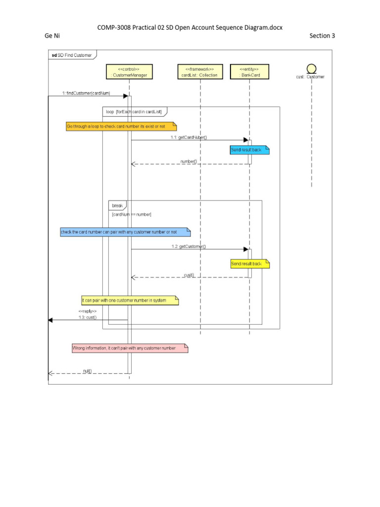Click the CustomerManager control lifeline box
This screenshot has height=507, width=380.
(129, 72)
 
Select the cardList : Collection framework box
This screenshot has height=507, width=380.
(200, 72)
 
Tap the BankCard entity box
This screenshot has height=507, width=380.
(249, 72)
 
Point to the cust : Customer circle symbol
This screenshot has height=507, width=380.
(312, 68)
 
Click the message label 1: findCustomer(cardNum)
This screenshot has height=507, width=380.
(86, 93)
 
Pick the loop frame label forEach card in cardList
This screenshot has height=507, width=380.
(135, 112)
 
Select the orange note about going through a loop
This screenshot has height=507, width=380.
(121, 127)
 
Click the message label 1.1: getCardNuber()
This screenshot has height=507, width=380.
(189, 137)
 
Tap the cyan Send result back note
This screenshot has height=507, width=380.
(249, 150)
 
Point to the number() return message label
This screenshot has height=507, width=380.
(189, 161)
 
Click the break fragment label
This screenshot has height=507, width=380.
(117, 205)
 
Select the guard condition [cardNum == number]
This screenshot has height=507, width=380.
(132, 214)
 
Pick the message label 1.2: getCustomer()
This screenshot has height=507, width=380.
(189, 246)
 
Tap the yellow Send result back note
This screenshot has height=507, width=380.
(249, 264)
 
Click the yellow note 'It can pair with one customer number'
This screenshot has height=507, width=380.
(130, 300)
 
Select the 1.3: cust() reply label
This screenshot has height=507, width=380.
(87, 317)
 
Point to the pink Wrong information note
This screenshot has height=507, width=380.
(130, 348)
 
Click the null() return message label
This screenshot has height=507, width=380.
(88, 370)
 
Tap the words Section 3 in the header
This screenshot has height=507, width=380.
(322, 36)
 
